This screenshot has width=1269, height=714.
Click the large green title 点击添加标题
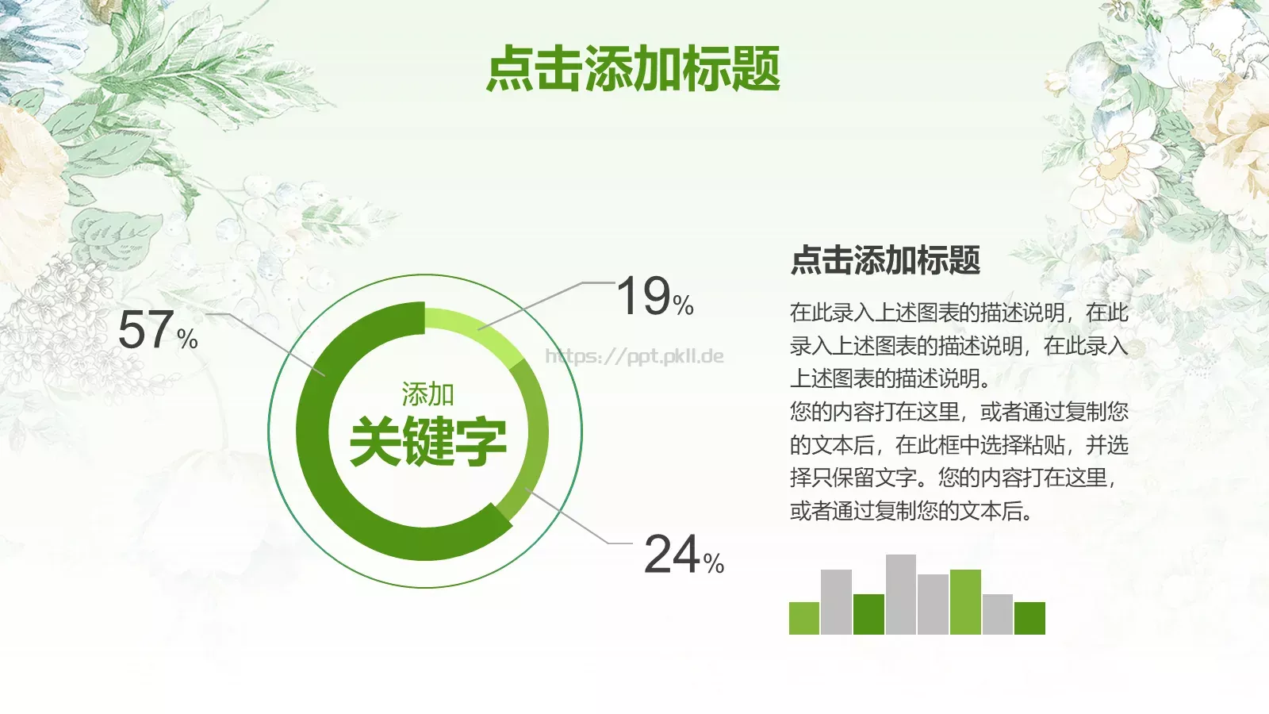coord(633,69)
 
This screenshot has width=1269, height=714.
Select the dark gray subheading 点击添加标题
coord(885,260)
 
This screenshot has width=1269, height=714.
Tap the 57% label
coord(158,330)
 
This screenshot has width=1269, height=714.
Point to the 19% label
coord(655,297)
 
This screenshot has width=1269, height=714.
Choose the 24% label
coord(684,554)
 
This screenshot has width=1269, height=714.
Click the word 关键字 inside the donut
coord(427,441)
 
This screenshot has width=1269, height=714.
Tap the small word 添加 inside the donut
coord(427,394)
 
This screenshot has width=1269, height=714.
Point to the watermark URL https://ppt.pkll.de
coord(634,356)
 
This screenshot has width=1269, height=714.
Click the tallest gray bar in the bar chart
coord(901,594)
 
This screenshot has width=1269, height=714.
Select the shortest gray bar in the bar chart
coord(998,614)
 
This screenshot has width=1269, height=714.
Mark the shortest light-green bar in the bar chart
coord(804,618)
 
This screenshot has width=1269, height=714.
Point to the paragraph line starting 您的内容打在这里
coord(958,412)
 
